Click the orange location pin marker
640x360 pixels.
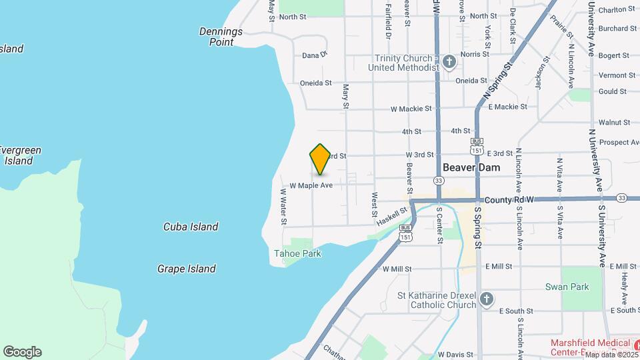(320, 159)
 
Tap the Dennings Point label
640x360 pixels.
(221, 37)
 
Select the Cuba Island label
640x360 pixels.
(191, 227)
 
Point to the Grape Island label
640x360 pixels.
(187, 269)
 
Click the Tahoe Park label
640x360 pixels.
(297, 253)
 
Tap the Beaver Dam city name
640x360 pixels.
(471, 168)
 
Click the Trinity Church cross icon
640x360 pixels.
(449, 63)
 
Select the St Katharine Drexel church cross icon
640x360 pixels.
(487, 298)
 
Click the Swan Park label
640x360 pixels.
(576, 287)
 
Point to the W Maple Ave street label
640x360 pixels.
(311, 185)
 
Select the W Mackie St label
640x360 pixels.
(411, 108)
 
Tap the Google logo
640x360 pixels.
(22, 352)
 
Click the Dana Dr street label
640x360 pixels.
(315, 55)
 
